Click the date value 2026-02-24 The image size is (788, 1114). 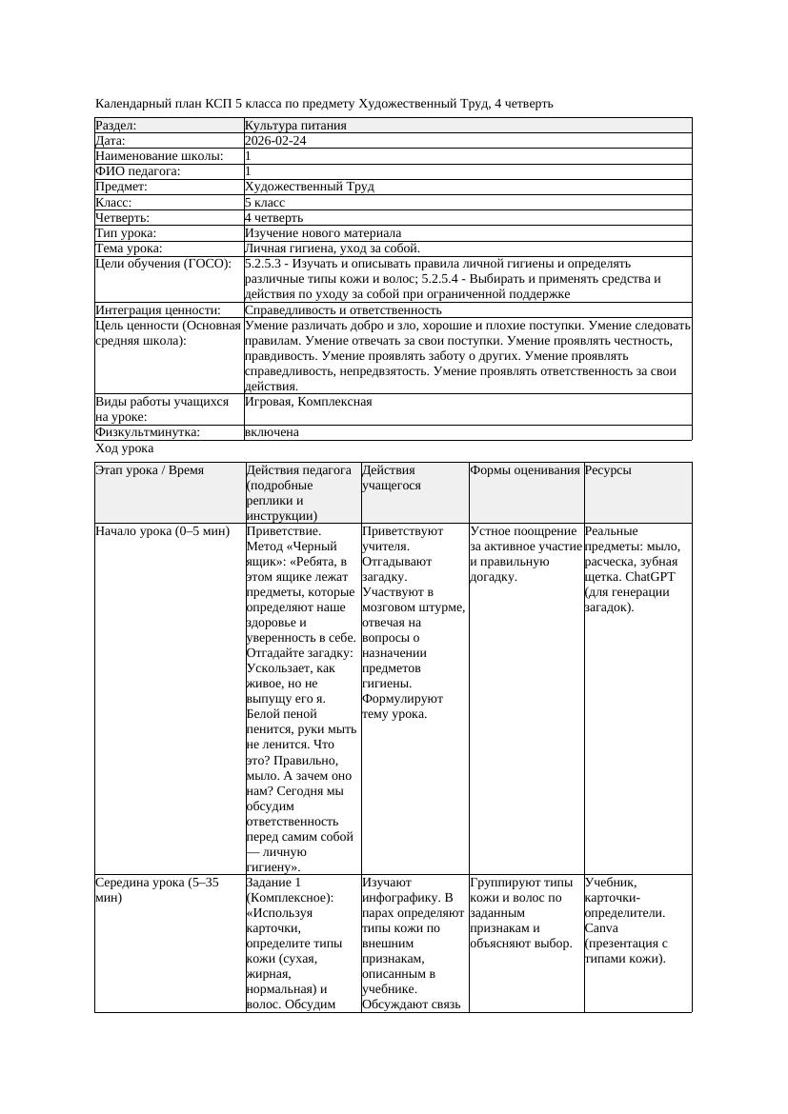pyautogui.click(x=275, y=141)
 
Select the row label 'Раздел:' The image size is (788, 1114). pyautogui.click(x=116, y=126)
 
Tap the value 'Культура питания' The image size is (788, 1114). pyautogui.click(x=295, y=126)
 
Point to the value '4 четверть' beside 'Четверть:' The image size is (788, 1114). pyautogui.click(x=273, y=218)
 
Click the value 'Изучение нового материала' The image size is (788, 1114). pyautogui.click(x=323, y=233)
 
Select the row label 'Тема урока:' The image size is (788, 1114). pyautogui.click(x=129, y=249)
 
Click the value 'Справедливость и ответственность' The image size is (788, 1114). pyautogui.click(x=343, y=310)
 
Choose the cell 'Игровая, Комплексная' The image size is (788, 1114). pyautogui.click(x=308, y=402)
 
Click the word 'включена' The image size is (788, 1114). pyautogui.click(x=272, y=432)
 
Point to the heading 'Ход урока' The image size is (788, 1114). pyautogui.click(x=125, y=448)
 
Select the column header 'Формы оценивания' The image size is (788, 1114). pyautogui.click(x=525, y=470)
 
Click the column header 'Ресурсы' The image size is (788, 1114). pyautogui.click(x=608, y=470)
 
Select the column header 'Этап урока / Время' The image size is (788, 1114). pyautogui.click(x=150, y=470)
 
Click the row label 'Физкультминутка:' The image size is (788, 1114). pyautogui.click(x=148, y=432)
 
